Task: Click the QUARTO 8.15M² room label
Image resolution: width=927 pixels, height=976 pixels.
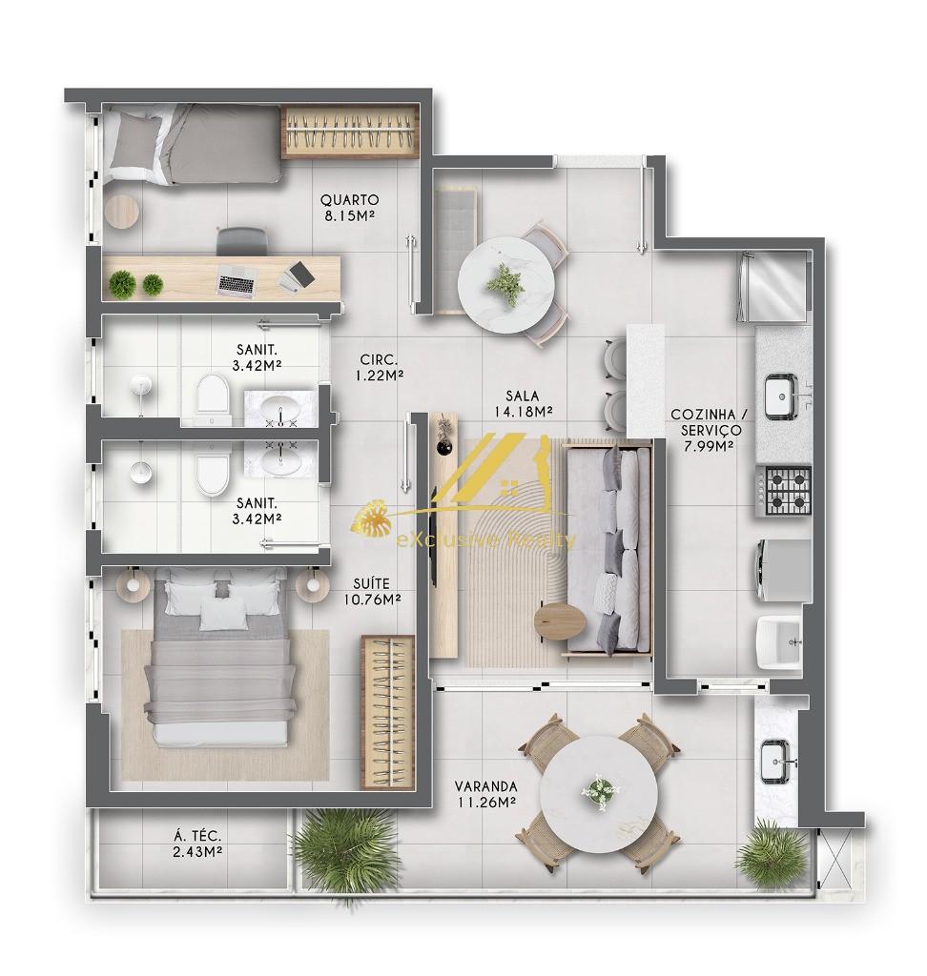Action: tap(349, 208)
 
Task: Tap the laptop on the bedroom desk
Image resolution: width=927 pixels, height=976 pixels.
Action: tap(237, 279)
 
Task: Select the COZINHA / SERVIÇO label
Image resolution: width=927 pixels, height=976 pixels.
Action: tap(709, 430)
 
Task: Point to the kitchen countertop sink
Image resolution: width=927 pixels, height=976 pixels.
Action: tap(780, 396)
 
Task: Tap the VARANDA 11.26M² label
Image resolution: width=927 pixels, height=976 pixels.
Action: tap(485, 794)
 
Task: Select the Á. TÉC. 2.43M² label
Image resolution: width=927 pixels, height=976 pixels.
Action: tap(198, 844)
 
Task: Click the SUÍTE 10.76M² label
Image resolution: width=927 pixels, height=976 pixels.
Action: tap(371, 591)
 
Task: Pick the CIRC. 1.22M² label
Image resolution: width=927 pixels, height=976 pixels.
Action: tap(379, 367)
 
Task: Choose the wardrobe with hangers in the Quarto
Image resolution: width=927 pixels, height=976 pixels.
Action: tap(351, 132)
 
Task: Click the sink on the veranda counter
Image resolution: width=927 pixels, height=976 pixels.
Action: tap(775, 761)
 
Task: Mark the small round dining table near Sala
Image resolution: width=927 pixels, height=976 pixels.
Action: tap(505, 285)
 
